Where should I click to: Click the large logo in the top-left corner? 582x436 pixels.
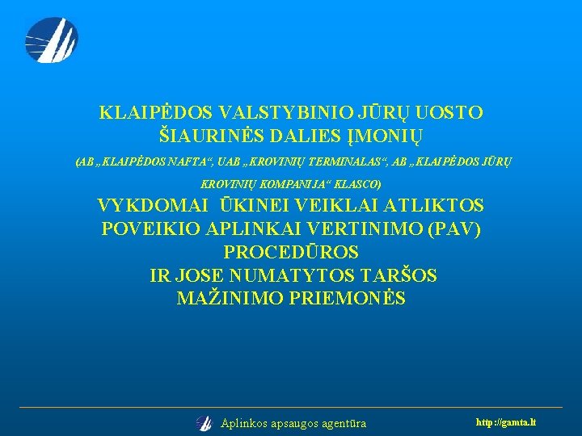tap(51, 40)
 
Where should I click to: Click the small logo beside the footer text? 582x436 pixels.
tap(204, 423)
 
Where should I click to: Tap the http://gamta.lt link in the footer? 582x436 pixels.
tap(507, 422)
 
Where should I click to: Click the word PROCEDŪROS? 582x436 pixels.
tap(291, 252)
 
